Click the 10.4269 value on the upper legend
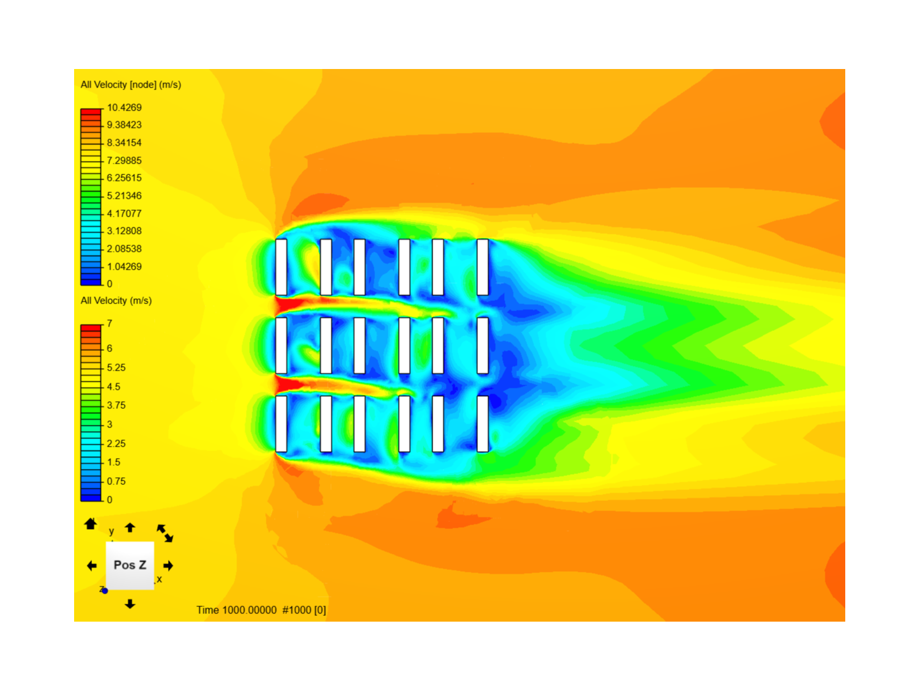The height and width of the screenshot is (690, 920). pos(124,108)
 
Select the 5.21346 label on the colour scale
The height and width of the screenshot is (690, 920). pos(124,195)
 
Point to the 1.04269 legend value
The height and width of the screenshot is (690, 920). pos(124,266)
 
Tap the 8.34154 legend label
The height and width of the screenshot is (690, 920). pos(124,143)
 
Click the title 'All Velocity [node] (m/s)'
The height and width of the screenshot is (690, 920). pos(131,84)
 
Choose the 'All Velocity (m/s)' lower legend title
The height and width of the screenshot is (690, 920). pos(116,301)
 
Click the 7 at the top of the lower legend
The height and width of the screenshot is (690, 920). pos(110,323)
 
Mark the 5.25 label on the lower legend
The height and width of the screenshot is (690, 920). pos(116,367)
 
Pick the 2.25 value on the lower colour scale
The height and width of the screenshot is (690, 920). pos(116,443)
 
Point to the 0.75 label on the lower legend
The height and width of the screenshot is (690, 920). pos(116,481)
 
